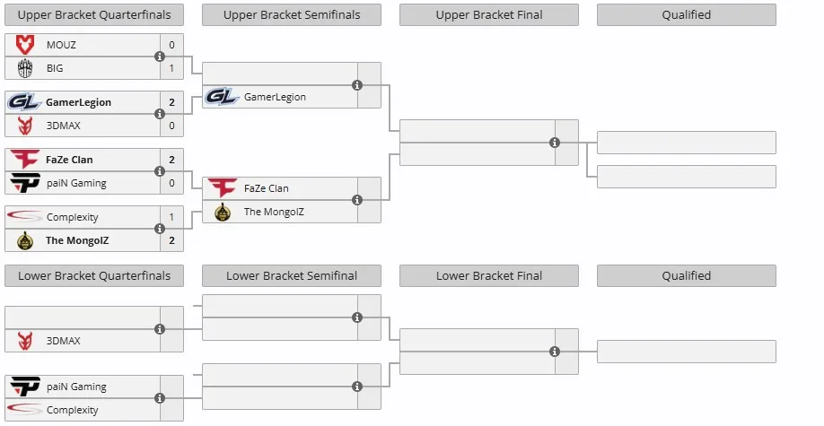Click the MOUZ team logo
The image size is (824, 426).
[x=25, y=45]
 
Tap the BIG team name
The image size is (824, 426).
[x=55, y=68]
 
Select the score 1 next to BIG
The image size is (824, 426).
[x=171, y=68]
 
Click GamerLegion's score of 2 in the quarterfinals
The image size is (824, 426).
[x=171, y=102]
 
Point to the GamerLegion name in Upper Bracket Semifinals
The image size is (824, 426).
[x=275, y=97]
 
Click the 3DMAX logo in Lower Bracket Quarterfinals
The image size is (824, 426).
[x=25, y=341]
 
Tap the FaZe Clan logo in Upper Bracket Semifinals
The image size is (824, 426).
[x=222, y=188]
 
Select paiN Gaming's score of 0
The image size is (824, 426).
[x=171, y=183]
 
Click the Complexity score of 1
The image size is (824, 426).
[x=171, y=217]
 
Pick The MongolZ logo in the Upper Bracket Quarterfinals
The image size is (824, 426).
[x=25, y=240]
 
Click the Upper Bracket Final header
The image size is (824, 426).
[x=488, y=14]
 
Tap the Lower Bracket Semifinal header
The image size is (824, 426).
[x=292, y=275]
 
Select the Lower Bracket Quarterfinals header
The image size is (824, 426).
[x=94, y=275]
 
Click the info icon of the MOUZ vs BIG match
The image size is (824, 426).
[x=160, y=57]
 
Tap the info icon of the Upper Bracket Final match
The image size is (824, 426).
[x=555, y=143]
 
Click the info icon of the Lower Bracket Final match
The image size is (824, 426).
[x=555, y=352]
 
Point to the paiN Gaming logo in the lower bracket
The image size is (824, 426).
[x=25, y=387]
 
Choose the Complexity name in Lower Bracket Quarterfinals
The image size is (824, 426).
[x=72, y=410]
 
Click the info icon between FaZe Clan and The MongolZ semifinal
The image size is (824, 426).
[x=357, y=200]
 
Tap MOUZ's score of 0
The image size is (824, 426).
[x=171, y=45]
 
